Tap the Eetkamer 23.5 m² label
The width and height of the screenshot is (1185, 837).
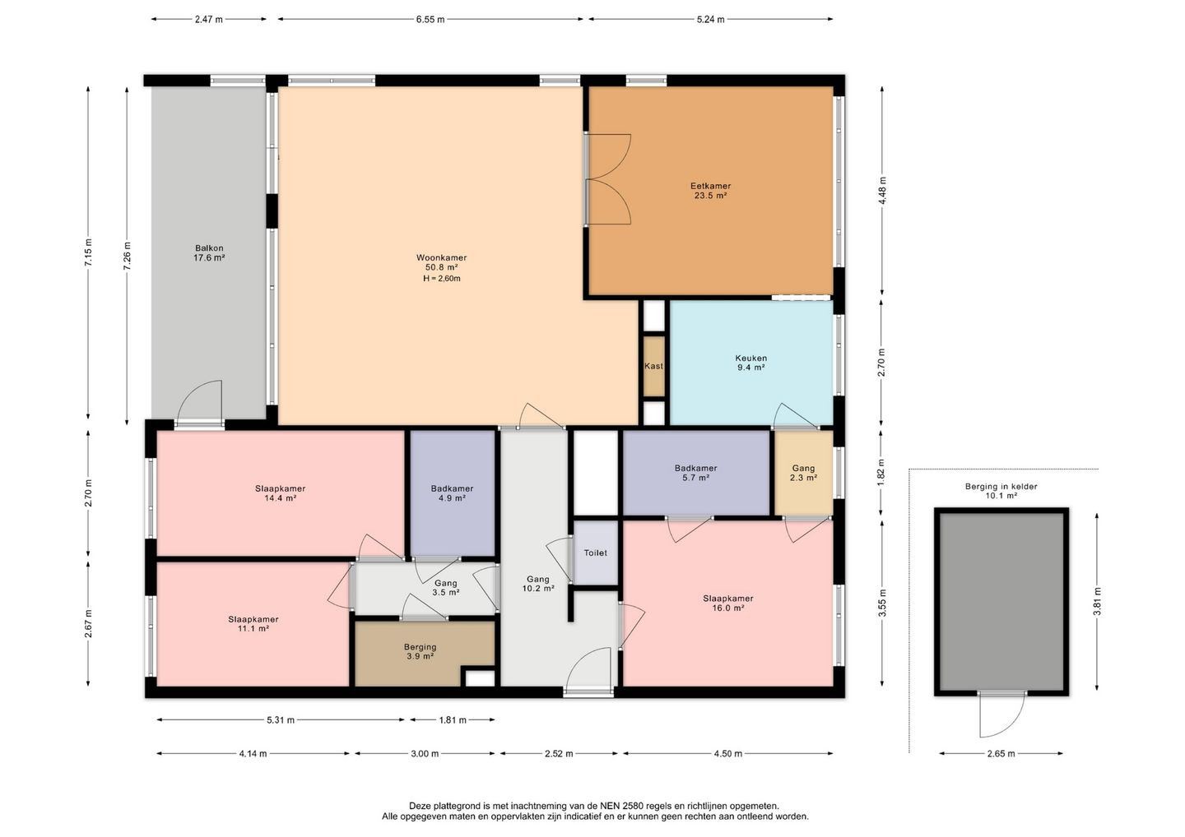tap(710, 191)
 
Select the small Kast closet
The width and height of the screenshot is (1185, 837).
tap(654, 366)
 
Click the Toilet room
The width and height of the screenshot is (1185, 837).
tap(596, 553)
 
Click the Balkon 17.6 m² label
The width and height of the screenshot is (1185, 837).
tap(209, 252)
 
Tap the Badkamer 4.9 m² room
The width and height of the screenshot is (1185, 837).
tap(453, 492)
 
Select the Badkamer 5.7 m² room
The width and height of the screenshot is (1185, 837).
tap(695, 473)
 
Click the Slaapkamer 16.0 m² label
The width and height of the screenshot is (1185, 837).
tap(728, 603)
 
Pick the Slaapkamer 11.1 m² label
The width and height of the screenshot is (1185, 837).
tap(253, 623)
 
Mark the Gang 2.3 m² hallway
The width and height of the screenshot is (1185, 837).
tap(803, 473)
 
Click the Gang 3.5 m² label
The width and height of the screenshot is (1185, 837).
tap(445, 588)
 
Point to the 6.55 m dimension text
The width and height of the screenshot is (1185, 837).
tap(430, 20)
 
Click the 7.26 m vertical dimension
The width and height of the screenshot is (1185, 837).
tap(127, 256)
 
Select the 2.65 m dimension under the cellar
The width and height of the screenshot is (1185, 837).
tap(1001, 753)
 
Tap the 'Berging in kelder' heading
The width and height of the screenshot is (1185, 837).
tap(1001, 486)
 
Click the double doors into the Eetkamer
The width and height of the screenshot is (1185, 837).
tap(608, 179)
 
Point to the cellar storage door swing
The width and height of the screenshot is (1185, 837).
tap(1002, 714)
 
